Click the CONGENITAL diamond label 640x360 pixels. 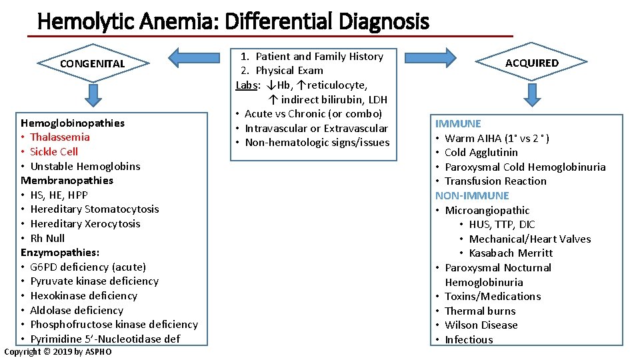[92, 64]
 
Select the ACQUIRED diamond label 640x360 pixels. [531, 63]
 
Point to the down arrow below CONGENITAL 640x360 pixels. [93, 95]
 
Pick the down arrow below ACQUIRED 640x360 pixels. [531, 95]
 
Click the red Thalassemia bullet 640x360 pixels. [59, 137]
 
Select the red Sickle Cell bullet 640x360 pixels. [53, 151]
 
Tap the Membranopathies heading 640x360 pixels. [67, 180]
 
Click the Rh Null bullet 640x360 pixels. [47, 238]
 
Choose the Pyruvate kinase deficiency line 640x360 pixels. [94, 281]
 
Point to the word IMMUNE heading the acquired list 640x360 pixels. [458, 123]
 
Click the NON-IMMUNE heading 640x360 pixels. [472, 195]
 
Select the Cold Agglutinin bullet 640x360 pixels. [481, 153]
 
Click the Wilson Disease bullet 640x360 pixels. [481, 325]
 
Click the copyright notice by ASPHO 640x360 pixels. [58, 352]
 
